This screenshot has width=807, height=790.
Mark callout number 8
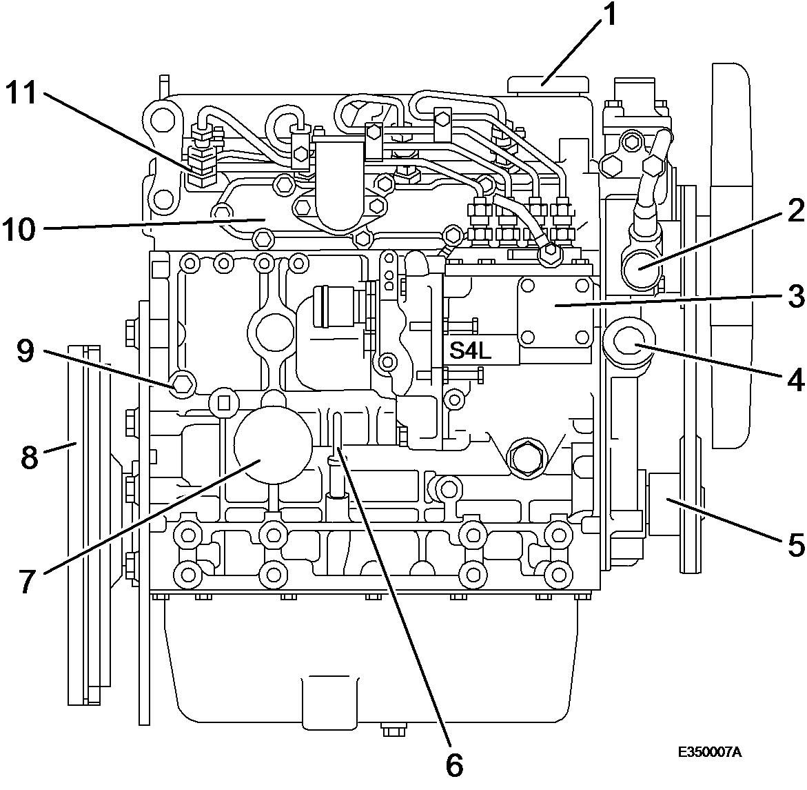(30, 457)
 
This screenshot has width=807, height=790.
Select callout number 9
(25, 352)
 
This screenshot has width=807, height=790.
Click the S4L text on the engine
(471, 351)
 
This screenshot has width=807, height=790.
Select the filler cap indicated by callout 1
(548, 85)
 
